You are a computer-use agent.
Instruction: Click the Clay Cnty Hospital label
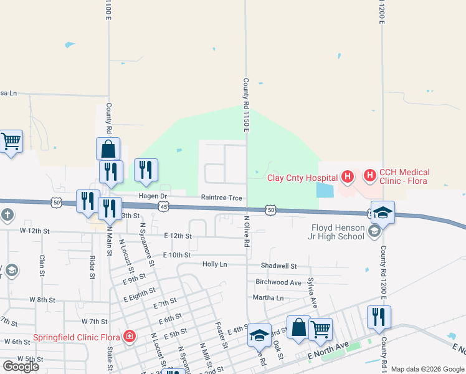pos(302,178)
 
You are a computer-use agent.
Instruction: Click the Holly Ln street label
pos(215,264)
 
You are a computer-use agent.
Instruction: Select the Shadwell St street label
pos(279,266)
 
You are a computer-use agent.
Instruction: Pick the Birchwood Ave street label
pos(282,282)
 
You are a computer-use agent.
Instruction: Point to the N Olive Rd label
pos(247,231)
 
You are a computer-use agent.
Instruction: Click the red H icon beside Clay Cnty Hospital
pos(348,176)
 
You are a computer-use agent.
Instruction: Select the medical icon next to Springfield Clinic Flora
pos(130,337)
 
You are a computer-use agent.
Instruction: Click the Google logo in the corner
pos(21,367)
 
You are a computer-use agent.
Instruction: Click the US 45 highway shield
pos(163,206)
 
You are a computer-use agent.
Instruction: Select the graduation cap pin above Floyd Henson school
pos(383,211)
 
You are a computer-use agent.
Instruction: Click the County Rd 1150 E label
pos(246,105)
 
